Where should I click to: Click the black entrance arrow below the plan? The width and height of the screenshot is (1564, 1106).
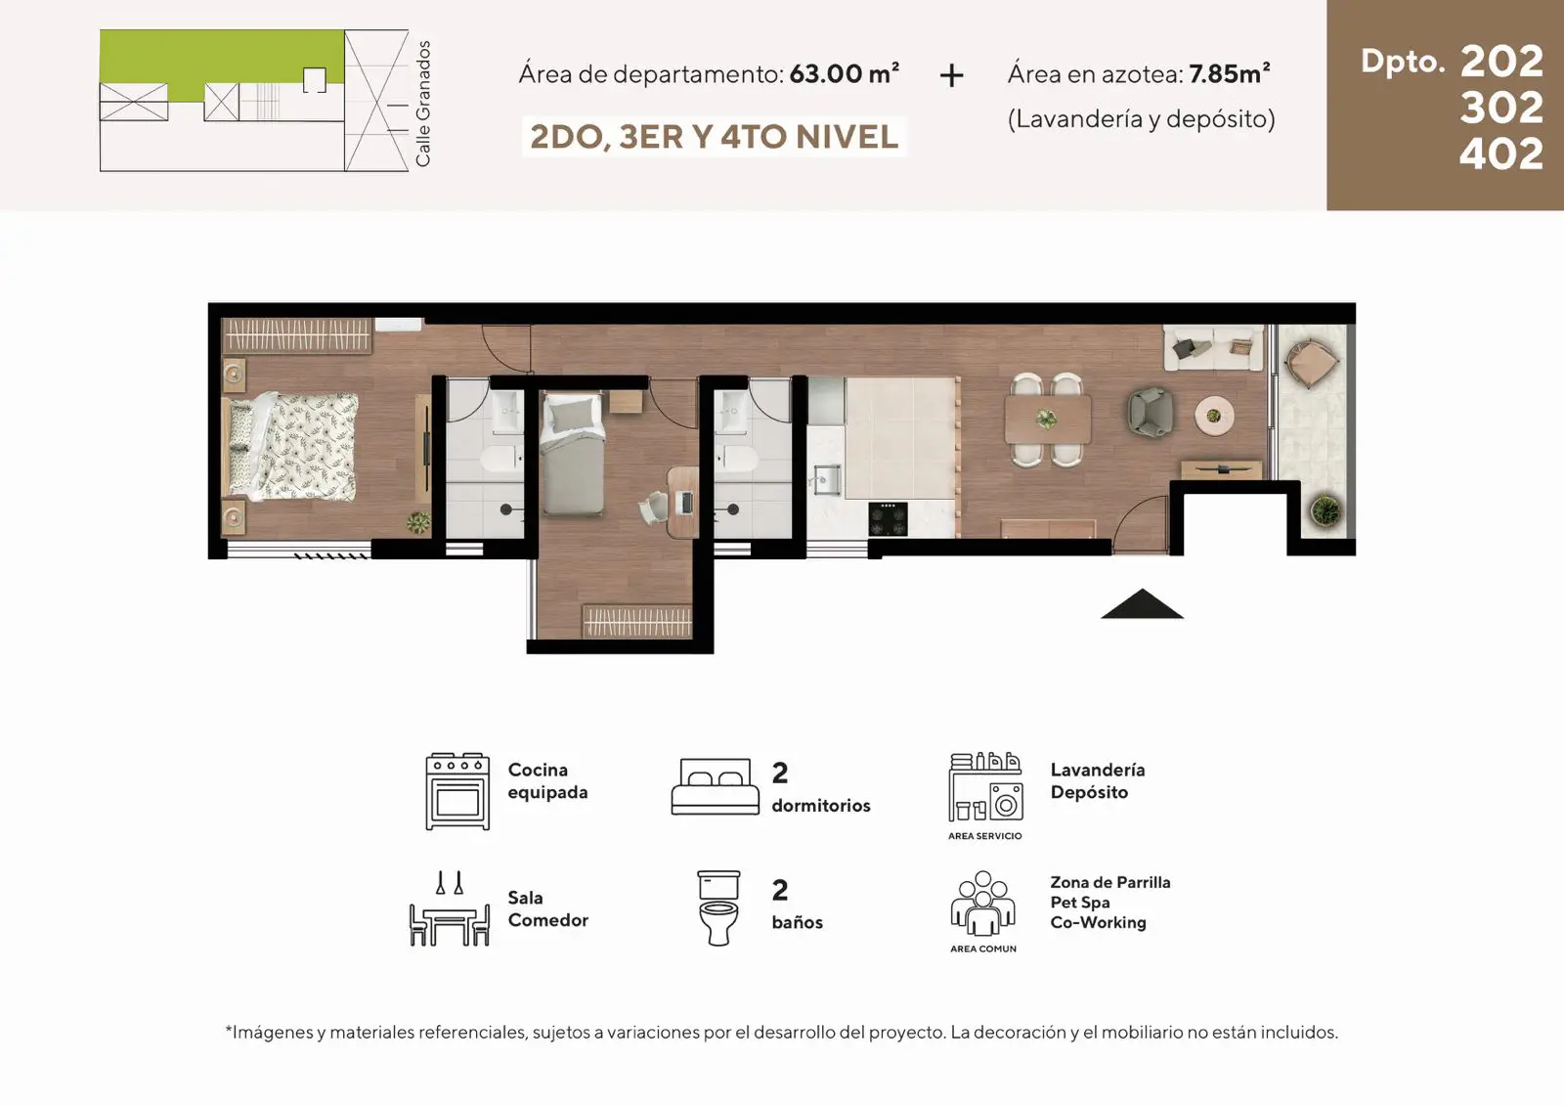click(1142, 604)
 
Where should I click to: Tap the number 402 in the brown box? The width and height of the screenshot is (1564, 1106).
click(1501, 154)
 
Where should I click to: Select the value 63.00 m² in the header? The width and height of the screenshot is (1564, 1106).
click(845, 73)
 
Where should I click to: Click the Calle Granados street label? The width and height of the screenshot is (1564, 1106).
click(422, 104)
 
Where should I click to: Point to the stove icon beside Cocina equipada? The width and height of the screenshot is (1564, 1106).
click(457, 791)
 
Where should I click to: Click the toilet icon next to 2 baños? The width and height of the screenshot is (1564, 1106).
click(718, 907)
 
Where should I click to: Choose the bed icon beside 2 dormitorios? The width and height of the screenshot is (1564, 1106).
click(715, 786)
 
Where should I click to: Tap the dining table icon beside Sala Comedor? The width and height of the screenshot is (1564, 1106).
click(449, 908)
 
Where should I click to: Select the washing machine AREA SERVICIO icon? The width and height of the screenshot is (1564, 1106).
click(985, 786)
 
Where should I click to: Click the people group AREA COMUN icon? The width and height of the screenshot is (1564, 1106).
click(982, 903)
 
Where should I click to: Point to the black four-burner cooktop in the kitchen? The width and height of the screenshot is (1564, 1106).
click(889, 519)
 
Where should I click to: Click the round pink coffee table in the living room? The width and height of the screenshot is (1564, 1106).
click(1213, 416)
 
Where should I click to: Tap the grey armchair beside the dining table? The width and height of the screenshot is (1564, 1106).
click(1151, 413)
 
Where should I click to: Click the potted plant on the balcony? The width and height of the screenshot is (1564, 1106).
click(1325, 510)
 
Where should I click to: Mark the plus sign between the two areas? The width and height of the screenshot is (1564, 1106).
click(952, 75)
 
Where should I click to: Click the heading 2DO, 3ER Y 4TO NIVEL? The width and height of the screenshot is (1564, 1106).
click(714, 137)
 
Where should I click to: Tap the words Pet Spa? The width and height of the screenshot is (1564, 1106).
click(1079, 902)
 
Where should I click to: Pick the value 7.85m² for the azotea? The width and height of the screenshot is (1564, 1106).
click(1230, 73)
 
